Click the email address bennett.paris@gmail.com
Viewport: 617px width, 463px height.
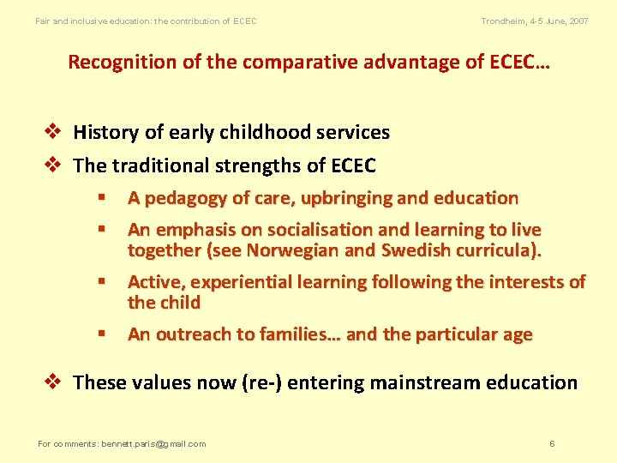(x=154, y=443)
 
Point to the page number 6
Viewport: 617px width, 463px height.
(x=552, y=443)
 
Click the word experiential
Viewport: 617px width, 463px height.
(x=241, y=282)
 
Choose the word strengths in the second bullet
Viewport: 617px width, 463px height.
(x=251, y=165)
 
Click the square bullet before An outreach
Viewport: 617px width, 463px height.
(x=100, y=334)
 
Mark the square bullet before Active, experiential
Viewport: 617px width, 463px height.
(x=100, y=282)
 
